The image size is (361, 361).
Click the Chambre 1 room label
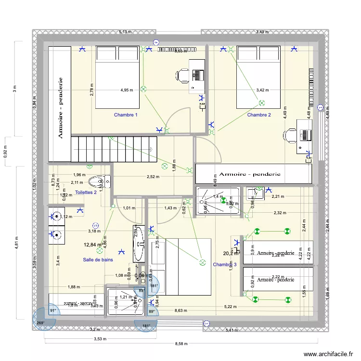click(126, 115)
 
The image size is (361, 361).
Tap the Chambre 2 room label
click(259, 115)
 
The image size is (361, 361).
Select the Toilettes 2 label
click(86, 193)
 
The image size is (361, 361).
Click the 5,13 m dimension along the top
click(125, 32)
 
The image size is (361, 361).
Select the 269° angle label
click(41, 323)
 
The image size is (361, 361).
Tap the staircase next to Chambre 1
click(115, 148)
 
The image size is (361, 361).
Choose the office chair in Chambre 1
click(183, 75)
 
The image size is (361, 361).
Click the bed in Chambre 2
click(258, 77)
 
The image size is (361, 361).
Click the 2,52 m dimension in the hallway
click(153, 177)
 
